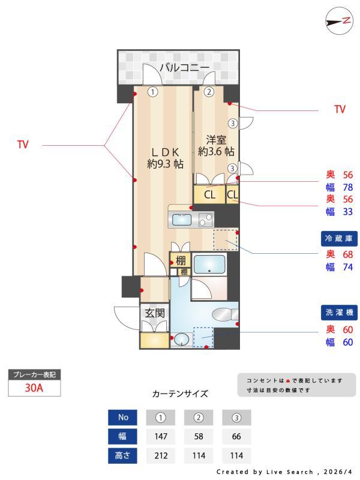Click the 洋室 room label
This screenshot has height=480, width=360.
tap(216, 145)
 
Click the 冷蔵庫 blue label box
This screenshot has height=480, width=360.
tap(340, 239)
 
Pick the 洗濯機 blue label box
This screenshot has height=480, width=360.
tap(340, 313)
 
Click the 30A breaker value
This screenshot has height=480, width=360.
tap(34, 388)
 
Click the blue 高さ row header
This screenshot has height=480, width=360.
tap(122, 456)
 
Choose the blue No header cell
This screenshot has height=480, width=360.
tap(122, 417)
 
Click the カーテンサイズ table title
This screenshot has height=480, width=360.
tap(180, 394)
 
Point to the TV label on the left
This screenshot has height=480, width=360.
tap(23, 145)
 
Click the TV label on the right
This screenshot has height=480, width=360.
tap(340, 110)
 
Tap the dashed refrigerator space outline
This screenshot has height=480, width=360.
tap(226, 240)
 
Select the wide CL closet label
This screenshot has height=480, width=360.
tap(209, 194)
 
